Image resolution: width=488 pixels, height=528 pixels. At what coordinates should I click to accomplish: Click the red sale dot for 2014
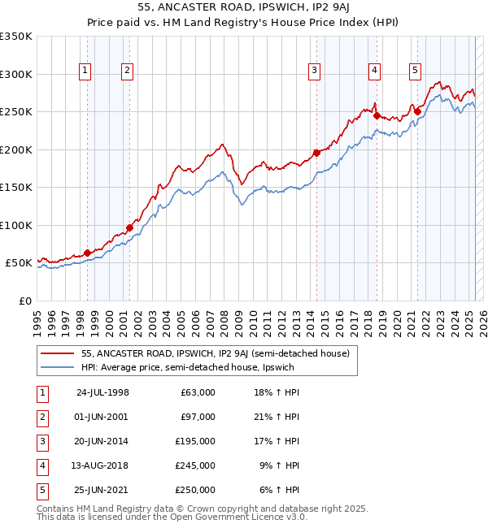(x=316, y=153)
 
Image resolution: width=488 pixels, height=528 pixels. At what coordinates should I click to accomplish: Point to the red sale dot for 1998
(x=87, y=253)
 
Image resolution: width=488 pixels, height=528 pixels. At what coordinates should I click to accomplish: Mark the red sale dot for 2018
(x=377, y=115)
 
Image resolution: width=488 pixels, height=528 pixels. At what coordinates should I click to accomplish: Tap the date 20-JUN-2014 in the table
(x=102, y=441)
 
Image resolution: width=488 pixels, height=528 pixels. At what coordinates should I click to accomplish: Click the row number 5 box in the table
(x=41, y=490)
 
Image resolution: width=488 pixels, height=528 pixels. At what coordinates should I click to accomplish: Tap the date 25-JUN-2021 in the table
(x=102, y=490)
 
